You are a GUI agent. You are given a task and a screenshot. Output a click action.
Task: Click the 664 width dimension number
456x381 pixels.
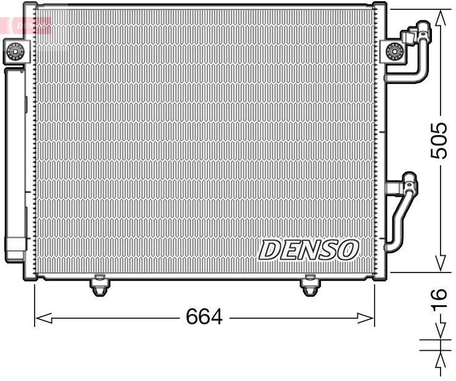204,317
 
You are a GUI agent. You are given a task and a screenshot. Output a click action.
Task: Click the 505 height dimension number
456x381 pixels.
439,141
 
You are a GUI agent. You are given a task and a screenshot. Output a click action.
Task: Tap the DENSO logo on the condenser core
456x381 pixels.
309,250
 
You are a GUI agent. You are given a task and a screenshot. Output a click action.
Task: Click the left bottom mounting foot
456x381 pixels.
99,286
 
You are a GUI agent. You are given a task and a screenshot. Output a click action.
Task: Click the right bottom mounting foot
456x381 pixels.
310,286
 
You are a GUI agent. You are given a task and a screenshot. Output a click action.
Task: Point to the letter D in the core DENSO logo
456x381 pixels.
270,250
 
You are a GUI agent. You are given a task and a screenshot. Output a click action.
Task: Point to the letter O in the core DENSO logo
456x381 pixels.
347,249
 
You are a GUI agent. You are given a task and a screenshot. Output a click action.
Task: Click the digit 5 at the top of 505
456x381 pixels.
439,152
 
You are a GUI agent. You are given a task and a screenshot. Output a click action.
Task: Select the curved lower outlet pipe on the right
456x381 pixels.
400,222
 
